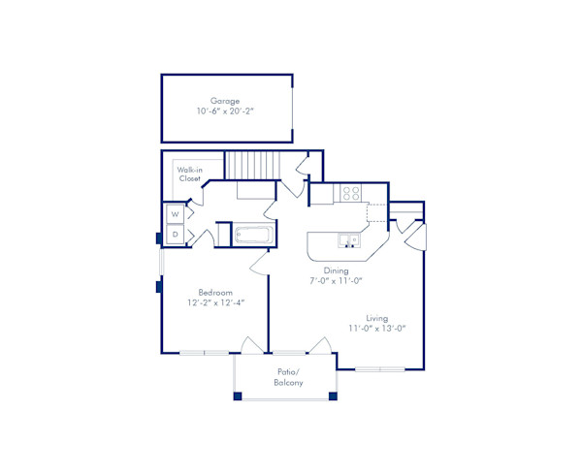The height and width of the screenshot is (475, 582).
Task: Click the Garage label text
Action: (x=225, y=99)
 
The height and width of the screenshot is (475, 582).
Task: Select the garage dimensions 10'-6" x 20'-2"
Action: (x=225, y=111)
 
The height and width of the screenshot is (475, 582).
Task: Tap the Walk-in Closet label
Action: (x=189, y=174)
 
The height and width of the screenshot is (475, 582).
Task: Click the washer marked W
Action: (x=175, y=214)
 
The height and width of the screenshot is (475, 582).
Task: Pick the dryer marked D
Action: (x=175, y=234)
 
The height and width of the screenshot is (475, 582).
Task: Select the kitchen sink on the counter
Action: (x=346, y=239)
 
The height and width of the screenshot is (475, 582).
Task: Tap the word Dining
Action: (x=336, y=270)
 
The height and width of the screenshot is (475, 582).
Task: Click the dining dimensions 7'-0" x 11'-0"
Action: (x=336, y=281)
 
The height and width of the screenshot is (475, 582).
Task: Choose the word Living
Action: (x=377, y=318)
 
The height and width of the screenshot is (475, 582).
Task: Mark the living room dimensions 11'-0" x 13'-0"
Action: (x=377, y=329)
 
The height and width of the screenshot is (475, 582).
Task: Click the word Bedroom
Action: (x=214, y=292)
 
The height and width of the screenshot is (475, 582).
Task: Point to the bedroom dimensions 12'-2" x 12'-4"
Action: (x=214, y=302)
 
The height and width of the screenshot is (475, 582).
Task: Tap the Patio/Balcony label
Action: (x=287, y=377)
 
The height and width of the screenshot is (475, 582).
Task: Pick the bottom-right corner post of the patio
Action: (x=333, y=396)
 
